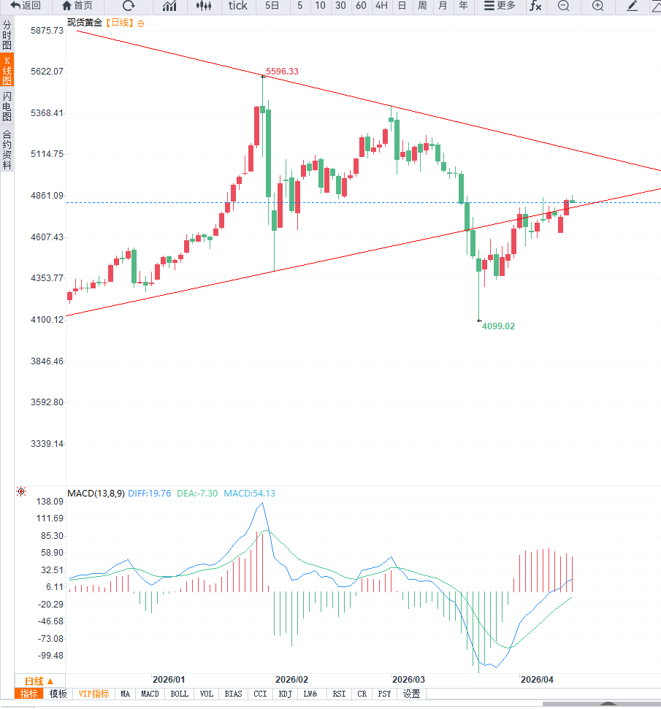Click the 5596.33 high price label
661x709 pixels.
282,72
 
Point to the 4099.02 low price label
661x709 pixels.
498,326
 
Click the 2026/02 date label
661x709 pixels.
293,679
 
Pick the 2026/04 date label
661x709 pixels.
538,679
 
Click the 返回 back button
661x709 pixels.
26,6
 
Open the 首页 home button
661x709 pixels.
77,6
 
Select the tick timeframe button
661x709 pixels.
237,6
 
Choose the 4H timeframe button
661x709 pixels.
381,6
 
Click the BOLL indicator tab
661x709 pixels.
179,694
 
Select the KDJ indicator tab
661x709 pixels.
285,694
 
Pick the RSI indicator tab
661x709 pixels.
339,694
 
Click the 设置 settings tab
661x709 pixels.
411,694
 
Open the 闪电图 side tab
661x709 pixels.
7,106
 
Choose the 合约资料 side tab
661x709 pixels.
7,150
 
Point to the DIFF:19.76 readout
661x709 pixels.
149,494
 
